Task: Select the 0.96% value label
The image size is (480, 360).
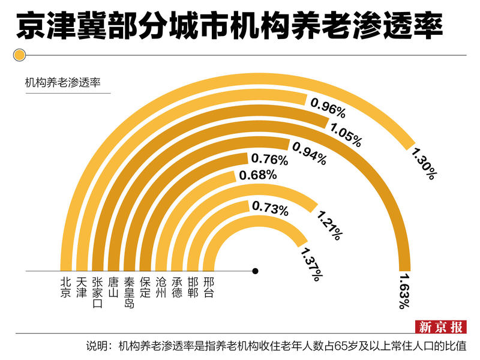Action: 328,109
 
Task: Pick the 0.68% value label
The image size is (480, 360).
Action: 257,175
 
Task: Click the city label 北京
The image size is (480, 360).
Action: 66,287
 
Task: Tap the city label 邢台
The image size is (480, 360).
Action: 208,287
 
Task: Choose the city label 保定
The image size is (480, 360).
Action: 145,287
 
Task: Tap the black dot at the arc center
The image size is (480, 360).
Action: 255,271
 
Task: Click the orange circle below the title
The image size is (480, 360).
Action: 19,56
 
